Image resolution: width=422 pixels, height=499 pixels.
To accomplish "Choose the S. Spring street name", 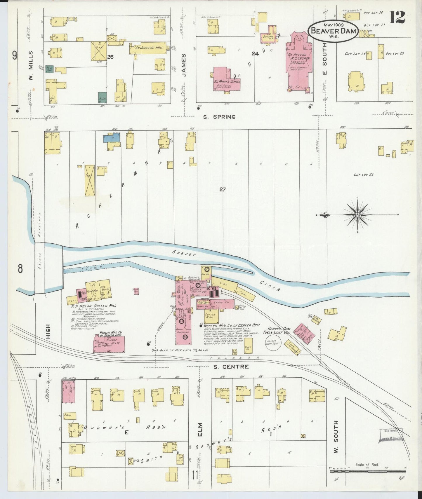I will [x=219, y=117].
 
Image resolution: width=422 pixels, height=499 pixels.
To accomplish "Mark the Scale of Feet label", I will [x=367, y=465].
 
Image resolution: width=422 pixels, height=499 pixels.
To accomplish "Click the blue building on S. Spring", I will [x=112, y=138].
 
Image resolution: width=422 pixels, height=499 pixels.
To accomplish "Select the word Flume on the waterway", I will [x=88, y=268].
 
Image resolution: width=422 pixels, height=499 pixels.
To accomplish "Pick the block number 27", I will [x=223, y=190].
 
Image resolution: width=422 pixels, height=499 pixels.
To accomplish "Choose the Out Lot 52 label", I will [x=364, y=175].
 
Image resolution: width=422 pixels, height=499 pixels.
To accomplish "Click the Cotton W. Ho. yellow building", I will [x=210, y=316].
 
